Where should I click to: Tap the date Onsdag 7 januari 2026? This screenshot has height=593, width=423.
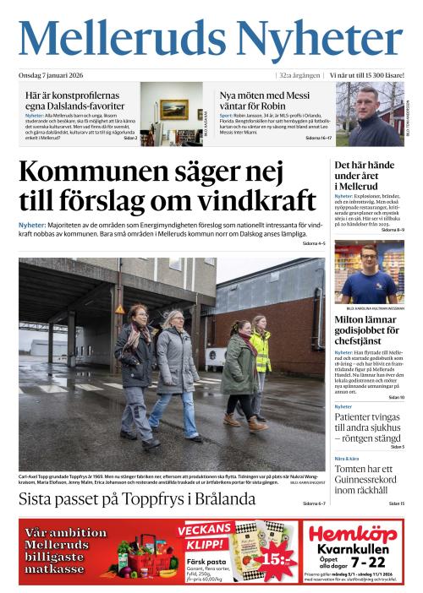55,75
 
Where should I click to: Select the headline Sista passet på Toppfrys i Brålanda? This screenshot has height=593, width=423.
137,499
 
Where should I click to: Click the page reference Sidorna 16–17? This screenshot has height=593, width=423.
316,137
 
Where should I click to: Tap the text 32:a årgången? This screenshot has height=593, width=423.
299,75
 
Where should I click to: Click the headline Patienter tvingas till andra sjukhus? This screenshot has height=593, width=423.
369,427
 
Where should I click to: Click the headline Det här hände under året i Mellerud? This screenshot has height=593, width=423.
364,175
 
